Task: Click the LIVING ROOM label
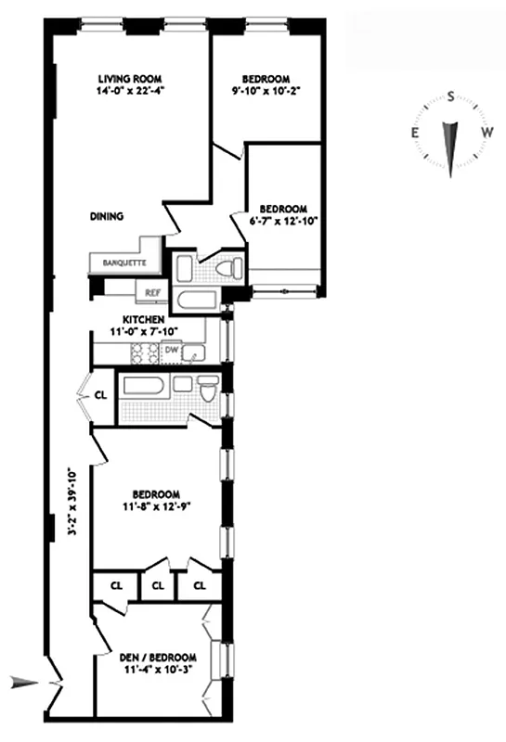130,78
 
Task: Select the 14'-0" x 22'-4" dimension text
130,91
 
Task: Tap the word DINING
107,216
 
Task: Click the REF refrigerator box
151,292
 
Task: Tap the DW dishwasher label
171,350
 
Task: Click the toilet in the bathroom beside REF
226,269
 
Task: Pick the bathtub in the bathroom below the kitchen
143,386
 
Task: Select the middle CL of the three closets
157,586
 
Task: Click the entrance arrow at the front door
24,684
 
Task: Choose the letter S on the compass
450,96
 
